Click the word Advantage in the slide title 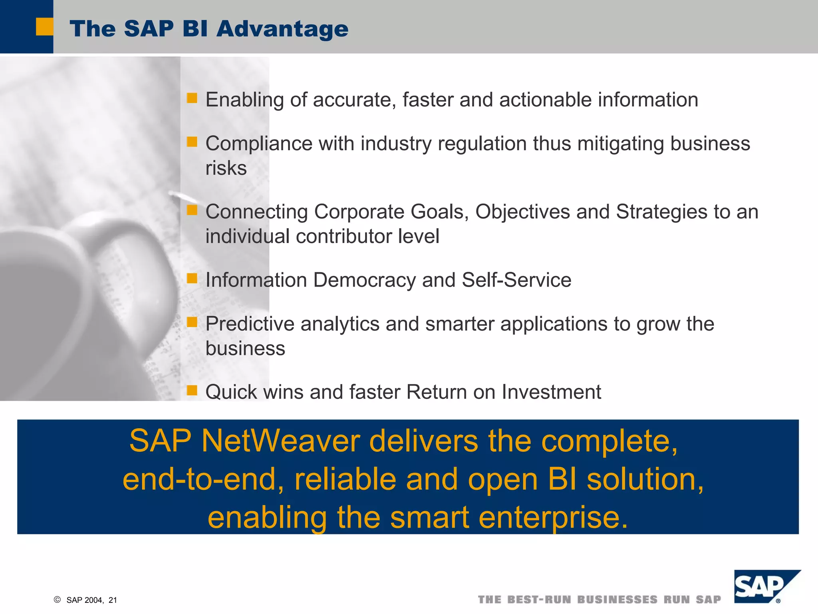tap(282, 29)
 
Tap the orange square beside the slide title tap(44, 27)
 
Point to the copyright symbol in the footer tap(57, 600)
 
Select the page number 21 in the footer tap(113, 600)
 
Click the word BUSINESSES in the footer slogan tap(617, 600)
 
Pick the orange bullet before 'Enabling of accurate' tap(192, 98)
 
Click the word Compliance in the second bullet tap(259, 144)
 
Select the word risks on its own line tap(226, 168)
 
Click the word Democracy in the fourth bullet tap(364, 280)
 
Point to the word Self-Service tap(516, 280)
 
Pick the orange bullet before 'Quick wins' tap(192, 390)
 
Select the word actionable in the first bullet tap(545, 100)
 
